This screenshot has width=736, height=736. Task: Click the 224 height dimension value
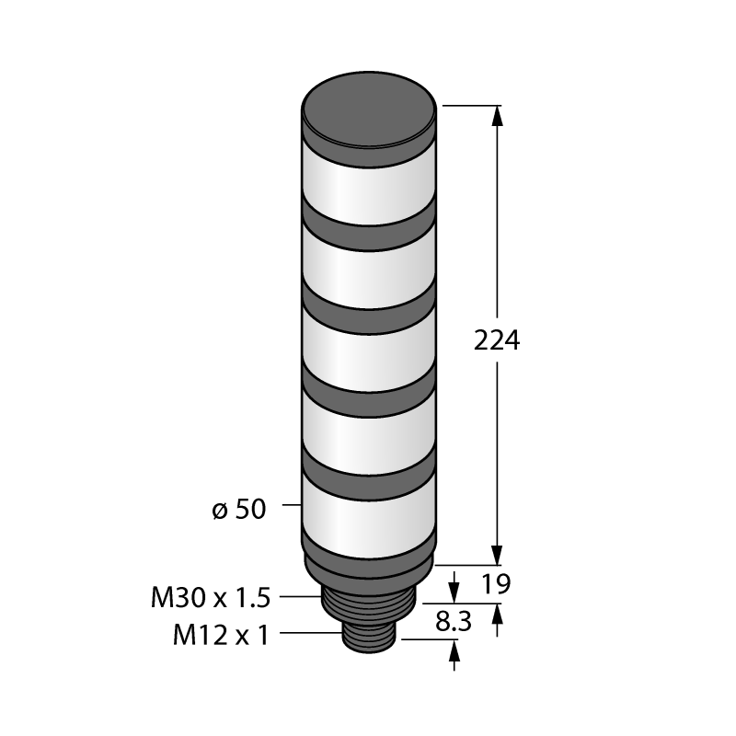[x=497, y=340]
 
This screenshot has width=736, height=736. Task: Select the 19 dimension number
[x=496, y=584]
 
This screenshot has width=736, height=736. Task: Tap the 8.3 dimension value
[x=453, y=622]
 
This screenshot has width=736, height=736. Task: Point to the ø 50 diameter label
[x=239, y=509]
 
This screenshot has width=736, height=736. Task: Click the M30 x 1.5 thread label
[x=211, y=598]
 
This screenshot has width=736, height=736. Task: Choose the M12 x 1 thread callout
[x=221, y=636]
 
